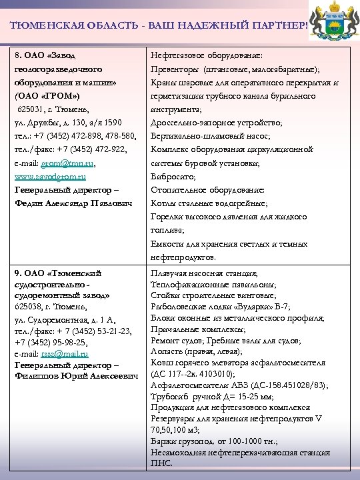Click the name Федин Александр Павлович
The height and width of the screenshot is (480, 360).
click(x=73, y=203)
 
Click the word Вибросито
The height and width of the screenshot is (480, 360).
click(x=173, y=177)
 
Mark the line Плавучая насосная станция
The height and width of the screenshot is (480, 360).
click(x=204, y=273)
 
